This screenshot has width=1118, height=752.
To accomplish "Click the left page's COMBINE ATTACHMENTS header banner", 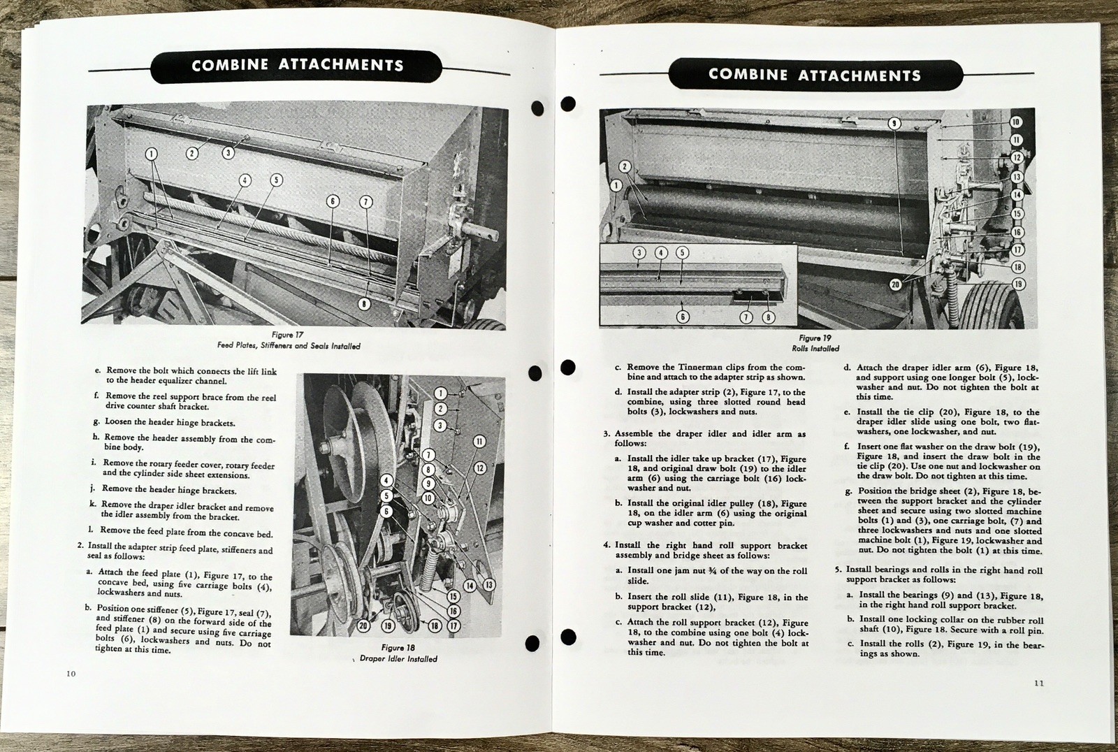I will tap(297, 66).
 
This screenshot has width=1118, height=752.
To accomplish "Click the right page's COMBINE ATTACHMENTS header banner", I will tap(814, 75).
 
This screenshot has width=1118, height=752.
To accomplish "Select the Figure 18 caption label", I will tap(398, 647).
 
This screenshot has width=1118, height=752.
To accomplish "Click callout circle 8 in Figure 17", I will tap(364, 303).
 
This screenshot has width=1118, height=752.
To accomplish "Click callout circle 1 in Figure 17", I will tap(151, 154).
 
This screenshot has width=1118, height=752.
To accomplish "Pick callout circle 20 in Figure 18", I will tap(363, 626).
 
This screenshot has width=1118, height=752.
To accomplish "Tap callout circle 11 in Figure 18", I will tap(479, 441).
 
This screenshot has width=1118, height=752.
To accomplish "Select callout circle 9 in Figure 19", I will tap(894, 124).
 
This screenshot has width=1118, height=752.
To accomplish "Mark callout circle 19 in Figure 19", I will tap(1018, 284).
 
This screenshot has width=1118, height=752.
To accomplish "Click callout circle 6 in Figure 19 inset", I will tap(683, 317).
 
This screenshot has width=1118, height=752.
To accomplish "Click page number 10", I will tap(71, 674).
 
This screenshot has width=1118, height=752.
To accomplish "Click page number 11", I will tap(1038, 683).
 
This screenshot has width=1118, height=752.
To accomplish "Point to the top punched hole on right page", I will tap(568, 104).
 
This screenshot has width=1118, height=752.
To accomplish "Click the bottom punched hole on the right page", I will tap(568, 637).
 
